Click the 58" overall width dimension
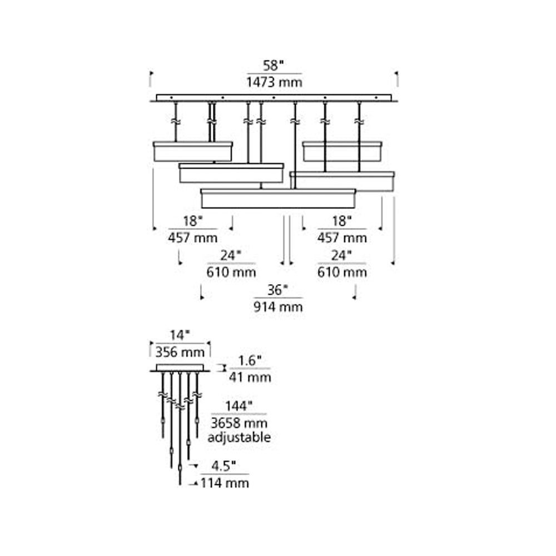(274, 66)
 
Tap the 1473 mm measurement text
(275, 83)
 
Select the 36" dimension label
(278, 290)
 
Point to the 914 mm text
(278, 306)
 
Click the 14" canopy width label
(180, 335)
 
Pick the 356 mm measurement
(180, 352)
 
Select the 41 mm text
(250, 378)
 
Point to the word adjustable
(239, 437)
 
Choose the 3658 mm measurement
(239, 422)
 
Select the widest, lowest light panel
(278, 198)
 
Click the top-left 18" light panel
(193, 151)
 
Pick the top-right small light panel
(342, 151)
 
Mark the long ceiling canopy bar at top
(274, 98)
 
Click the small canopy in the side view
(180, 368)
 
